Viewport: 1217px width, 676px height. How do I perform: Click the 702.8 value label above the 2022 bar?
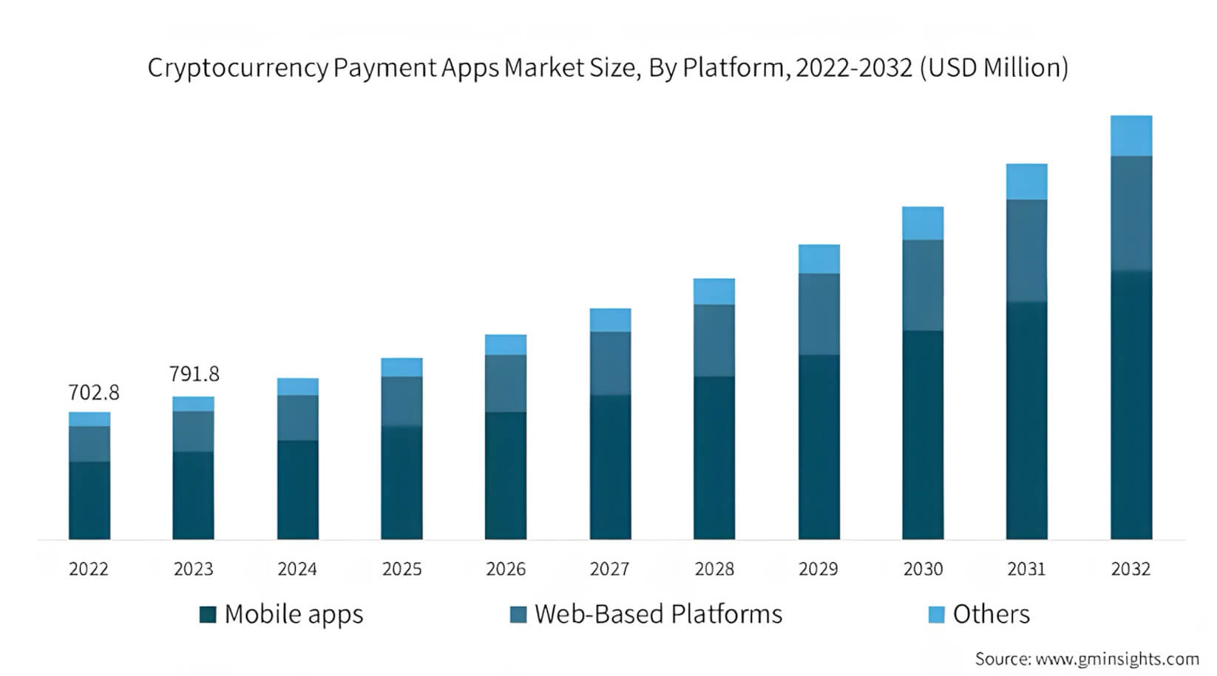[x=94, y=393]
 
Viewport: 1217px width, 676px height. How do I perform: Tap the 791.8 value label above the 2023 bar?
[x=194, y=374]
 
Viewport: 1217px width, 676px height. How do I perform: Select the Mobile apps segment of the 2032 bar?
[x=1130, y=405]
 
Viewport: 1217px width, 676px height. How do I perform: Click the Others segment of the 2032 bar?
[x=1130, y=135]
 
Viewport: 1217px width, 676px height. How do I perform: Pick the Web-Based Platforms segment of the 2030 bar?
[x=922, y=285]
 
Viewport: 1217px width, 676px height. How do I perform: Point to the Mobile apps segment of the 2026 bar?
[x=506, y=475]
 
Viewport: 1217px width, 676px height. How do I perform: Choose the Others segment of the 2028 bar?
[x=713, y=291]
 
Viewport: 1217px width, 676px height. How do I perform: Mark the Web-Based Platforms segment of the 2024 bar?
[x=298, y=417]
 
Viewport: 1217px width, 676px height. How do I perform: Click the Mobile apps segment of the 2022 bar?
[x=89, y=500]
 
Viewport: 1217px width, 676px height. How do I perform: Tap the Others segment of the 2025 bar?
[x=401, y=367]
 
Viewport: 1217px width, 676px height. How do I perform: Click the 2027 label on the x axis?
[x=609, y=569]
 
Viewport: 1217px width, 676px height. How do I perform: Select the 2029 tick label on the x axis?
[x=818, y=569]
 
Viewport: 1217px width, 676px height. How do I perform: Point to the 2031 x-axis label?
[x=1026, y=569]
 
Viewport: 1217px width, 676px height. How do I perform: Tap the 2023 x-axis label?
[x=193, y=569]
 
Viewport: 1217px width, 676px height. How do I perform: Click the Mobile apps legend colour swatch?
[x=208, y=615]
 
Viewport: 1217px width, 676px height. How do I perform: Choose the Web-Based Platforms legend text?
[x=658, y=615]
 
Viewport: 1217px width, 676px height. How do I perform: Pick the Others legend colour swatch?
[x=936, y=615]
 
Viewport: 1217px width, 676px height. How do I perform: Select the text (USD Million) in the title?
[x=994, y=68]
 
